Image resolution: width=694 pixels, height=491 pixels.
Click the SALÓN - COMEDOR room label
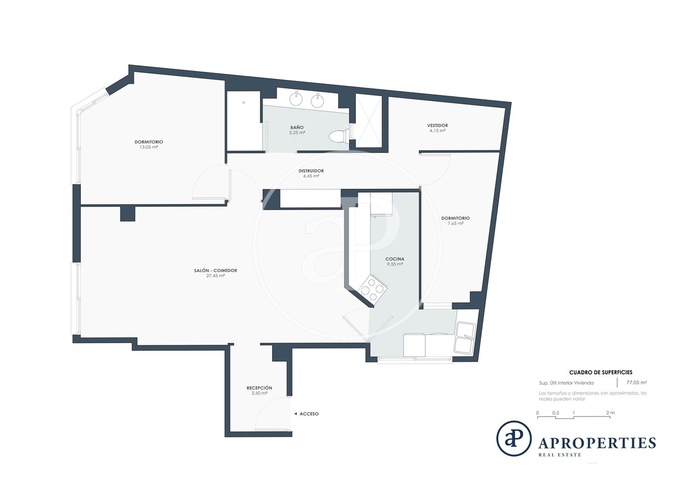click(216, 271)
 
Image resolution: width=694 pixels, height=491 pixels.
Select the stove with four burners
click(372, 289)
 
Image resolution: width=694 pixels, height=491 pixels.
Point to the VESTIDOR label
click(437, 126)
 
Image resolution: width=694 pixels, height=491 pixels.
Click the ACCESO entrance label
click(309, 414)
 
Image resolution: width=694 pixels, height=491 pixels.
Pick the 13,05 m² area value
click(149, 147)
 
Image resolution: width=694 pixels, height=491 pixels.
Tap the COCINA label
click(395, 259)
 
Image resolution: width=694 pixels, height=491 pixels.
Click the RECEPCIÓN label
click(259, 388)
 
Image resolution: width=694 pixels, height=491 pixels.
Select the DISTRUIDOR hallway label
click(311, 171)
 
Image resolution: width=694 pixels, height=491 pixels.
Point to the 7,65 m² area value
click(456, 223)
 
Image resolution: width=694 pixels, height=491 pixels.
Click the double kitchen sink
click(465, 338)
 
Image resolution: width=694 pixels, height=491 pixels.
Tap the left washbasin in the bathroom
click(297, 98)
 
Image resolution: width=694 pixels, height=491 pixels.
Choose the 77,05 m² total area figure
click(636, 383)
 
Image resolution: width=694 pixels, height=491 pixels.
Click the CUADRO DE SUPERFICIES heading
click(601, 372)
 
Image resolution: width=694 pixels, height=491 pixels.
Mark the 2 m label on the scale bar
click(610, 413)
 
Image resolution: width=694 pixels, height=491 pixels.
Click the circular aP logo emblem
click(514, 438)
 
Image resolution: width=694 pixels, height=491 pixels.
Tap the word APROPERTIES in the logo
click(597, 443)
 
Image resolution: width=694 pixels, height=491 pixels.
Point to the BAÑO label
click(297, 127)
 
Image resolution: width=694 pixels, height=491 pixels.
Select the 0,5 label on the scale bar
click(556, 413)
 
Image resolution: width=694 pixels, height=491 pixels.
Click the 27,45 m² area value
click(216, 276)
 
